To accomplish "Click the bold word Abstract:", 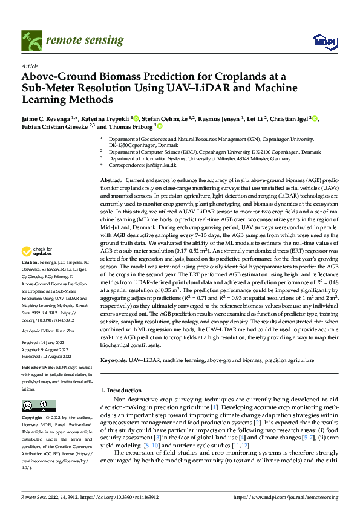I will coord(111,181).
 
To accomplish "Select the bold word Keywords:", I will coord(114,360).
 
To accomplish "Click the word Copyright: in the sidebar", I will coord(33,418).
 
